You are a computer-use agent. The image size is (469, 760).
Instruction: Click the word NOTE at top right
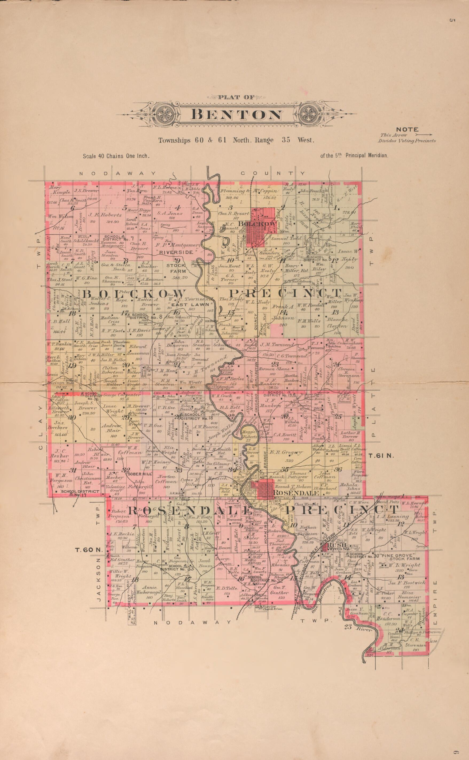(x=407, y=129)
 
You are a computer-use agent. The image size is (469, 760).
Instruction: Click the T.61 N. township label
(x=381, y=456)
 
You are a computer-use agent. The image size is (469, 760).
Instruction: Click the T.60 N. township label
(x=89, y=550)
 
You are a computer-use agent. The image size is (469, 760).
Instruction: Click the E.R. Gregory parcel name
(x=286, y=452)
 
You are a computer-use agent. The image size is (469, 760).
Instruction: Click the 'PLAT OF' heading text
(x=236, y=97)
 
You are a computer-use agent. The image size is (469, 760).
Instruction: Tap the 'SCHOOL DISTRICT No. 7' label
(x=118, y=239)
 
